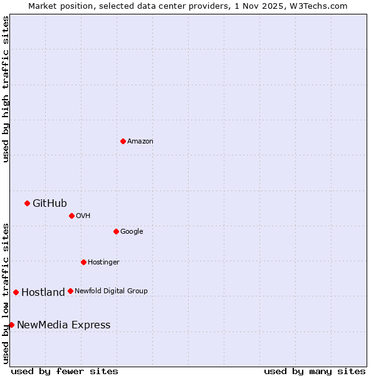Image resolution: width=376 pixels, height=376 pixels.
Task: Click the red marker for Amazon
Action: coord(123,141)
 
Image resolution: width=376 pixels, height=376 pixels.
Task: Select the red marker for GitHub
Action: coord(27,203)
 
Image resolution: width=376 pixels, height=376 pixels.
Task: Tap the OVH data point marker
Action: coord(71,216)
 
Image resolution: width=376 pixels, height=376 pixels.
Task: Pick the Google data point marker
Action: coord(116,231)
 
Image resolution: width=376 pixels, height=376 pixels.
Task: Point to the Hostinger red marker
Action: coord(83,262)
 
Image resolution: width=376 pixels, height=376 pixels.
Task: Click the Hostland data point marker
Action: coord(16,292)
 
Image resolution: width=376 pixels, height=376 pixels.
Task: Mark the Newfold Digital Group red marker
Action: coord(70,291)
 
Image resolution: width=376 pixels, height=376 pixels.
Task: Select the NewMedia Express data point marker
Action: coord(11,325)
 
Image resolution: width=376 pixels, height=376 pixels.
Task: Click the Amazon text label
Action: coord(140,142)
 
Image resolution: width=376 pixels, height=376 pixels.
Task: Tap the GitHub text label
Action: coord(50,203)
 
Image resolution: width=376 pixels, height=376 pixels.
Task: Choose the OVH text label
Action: coord(83,216)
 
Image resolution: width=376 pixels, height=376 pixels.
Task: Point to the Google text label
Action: coord(132,232)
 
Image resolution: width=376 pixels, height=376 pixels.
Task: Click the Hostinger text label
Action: coord(103,263)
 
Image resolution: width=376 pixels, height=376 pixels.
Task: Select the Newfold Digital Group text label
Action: coord(111,291)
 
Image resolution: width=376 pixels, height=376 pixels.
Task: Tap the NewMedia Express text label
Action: coord(63,325)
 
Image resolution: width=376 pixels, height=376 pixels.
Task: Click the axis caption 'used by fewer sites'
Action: coord(65,371)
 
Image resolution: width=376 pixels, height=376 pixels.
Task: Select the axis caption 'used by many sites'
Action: coord(315,371)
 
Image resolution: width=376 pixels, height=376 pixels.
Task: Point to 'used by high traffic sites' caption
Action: coord(6,89)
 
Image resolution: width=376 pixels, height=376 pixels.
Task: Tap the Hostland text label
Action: coord(43,293)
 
